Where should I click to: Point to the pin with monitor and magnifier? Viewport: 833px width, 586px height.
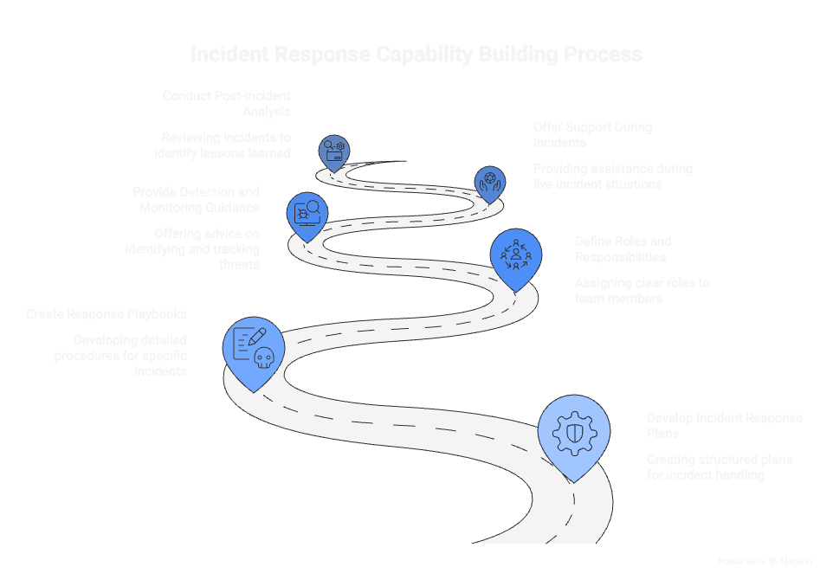click(x=307, y=211)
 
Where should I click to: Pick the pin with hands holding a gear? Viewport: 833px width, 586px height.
click(x=491, y=183)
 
